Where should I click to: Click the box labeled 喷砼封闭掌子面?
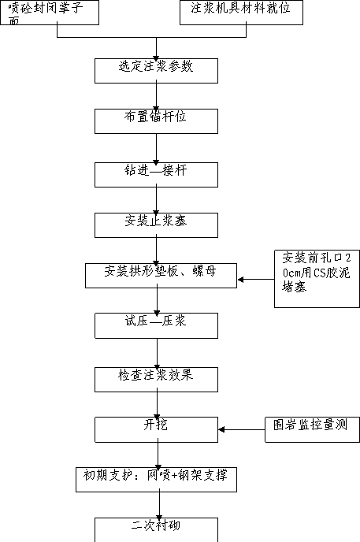coord(50,13)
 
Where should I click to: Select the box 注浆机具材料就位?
coord(242,13)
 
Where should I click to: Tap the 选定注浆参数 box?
coord(156,71)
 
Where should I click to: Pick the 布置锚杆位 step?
coord(156,121)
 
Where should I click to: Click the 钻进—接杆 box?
coord(156,175)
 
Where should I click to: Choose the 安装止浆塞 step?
coord(156,225)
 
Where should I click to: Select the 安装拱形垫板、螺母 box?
coord(161,276)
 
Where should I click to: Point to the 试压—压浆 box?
coord(156,325)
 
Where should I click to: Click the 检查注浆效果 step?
coord(156,380)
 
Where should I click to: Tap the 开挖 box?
coord(156,429)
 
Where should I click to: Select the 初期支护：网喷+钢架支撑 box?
coord(156,480)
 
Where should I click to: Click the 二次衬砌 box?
coord(156,530)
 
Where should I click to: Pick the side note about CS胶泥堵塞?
coord(317,279)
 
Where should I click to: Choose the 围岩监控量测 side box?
coord(312,429)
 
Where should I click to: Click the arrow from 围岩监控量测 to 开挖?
coord(242,429)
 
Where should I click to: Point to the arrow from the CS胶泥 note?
coord(256,280)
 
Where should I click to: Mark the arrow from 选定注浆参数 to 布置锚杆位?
coord(156,96)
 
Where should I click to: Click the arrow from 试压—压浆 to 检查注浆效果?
coord(157,353)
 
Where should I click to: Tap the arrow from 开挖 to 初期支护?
coord(158,455)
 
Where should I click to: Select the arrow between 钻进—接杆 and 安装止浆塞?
coord(156,200)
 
